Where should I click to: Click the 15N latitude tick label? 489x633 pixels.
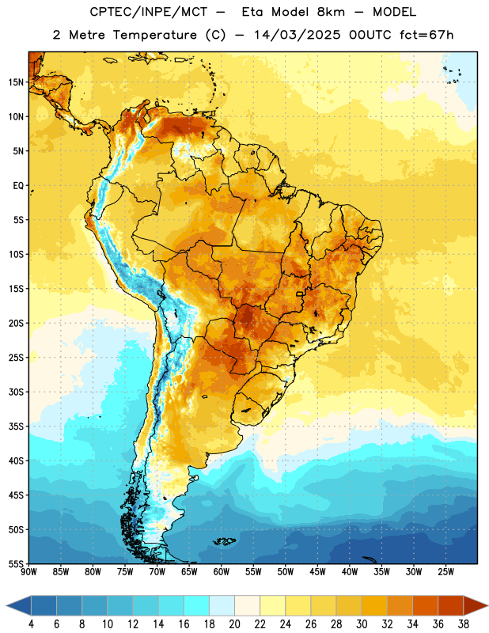[16, 82]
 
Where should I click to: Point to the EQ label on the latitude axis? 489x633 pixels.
[18, 186]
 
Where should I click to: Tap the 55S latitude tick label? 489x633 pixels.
[16, 563]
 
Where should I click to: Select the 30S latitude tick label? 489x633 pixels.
[16, 392]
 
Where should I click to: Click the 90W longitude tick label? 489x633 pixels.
[29, 571]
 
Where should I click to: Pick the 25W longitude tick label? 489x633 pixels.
[445, 571]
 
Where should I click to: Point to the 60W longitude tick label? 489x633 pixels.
[222, 571]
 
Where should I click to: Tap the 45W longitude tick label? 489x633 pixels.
[317, 571]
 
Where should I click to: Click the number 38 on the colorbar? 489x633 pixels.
[463, 624]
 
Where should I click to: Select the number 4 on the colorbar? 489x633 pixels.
[31, 624]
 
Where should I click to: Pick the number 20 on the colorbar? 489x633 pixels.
[234, 624]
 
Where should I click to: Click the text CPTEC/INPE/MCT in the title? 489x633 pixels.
[149, 12]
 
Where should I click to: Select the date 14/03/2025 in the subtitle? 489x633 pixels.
[297, 35]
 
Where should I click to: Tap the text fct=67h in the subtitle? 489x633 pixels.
[426, 35]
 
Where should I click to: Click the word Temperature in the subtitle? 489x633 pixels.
[154, 35]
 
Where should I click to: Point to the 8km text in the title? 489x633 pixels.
[331, 12]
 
